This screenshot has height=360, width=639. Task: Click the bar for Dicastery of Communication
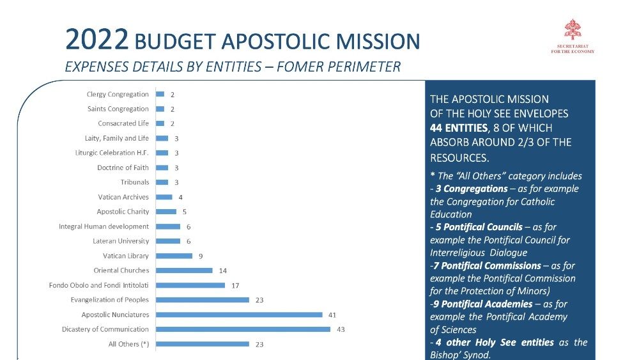[x=243, y=329]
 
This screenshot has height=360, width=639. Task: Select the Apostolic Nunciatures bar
[x=239, y=315]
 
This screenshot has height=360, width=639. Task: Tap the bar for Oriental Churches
[x=184, y=270]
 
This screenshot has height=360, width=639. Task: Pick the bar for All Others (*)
[x=203, y=344]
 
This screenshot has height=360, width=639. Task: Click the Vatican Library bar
[x=174, y=256]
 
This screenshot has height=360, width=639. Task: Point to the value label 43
[x=341, y=329]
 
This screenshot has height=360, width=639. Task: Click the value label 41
[x=332, y=315]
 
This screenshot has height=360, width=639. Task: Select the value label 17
[x=235, y=285]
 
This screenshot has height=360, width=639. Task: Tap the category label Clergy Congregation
[x=118, y=95]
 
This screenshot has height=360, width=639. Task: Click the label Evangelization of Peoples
[x=109, y=300]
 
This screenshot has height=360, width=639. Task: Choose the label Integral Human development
[x=104, y=226]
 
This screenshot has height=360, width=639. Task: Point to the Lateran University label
[x=121, y=241]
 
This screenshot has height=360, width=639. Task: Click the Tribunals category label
[x=134, y=182]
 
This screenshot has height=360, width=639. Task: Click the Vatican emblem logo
[x=572, y=30]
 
